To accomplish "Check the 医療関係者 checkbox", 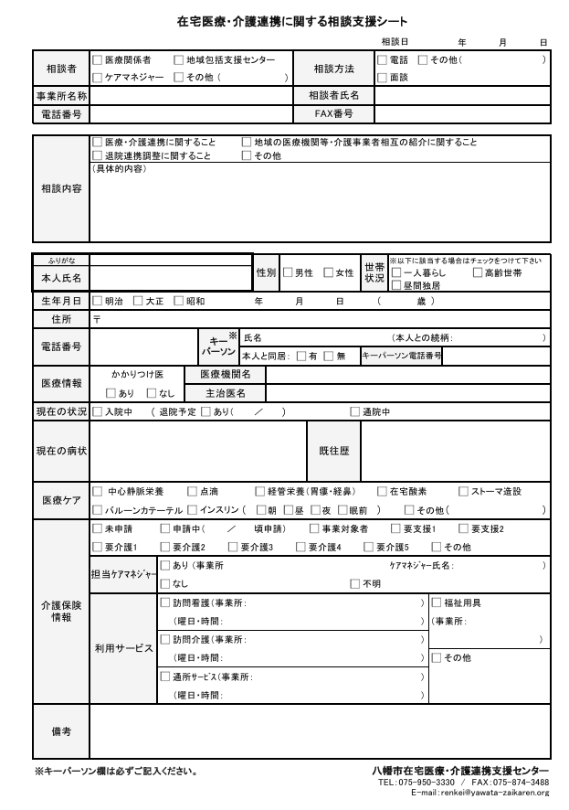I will coord(97,59).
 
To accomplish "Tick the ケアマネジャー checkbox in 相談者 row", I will coord(97,78).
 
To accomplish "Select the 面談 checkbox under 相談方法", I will coord(382,78).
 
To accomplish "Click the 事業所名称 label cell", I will coord(61,96).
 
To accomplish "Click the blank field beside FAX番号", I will coord(462,114).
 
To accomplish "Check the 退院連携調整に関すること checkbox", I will coord(97,156).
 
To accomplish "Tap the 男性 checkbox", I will coord(288,272).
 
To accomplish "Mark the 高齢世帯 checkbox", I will coord(477,272).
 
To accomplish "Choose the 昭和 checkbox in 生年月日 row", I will coord(178,301).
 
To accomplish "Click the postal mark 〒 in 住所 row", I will coord(97,320).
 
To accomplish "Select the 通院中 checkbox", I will coord(355,412).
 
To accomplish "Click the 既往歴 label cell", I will coord(333,451).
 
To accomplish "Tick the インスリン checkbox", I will coord(192,510).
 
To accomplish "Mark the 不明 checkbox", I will coord(355,583).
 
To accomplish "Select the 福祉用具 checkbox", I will coord(437,602).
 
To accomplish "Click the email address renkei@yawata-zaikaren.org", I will coord(494,793).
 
